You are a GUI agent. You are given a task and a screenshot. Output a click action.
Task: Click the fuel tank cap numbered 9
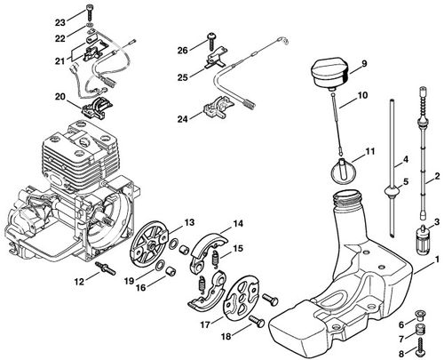[329, 72]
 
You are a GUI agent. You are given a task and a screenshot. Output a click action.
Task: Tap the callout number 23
[60, 22]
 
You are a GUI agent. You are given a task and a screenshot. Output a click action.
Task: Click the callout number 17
[205, 324]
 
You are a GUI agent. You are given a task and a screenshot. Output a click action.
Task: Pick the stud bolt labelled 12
[106, 268]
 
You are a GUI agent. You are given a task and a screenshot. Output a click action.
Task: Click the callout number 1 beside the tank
[437, 260]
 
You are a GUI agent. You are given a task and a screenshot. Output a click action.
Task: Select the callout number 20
[60, 97]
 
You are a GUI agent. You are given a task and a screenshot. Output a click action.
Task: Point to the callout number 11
[369, 151]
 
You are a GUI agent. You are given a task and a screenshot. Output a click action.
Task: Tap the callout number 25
[183, 77]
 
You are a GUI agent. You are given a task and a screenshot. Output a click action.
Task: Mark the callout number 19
[130, 281]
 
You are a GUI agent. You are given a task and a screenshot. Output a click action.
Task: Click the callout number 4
[406, 159]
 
